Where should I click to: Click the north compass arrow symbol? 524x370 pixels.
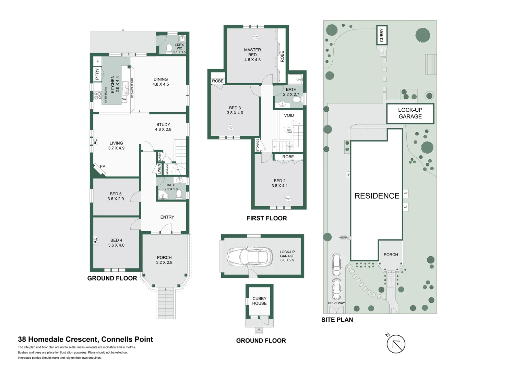coord(396,344)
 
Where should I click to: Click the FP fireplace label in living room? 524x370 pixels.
coord(103,166)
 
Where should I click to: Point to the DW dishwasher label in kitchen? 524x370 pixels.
coord(124,99)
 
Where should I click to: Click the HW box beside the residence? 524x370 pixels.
coord(406,194)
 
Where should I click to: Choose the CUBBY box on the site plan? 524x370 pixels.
coord(382,35)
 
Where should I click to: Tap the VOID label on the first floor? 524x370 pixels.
coord(289,115)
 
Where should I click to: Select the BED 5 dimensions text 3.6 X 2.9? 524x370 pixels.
coord(116,199)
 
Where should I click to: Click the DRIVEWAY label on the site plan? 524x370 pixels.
coord(336,303)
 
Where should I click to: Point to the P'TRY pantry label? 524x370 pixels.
coord(97,74)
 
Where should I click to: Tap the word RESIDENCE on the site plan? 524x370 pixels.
coord(377,196)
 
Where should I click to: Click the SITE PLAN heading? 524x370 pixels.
coord(337,320)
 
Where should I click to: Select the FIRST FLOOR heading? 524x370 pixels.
coord(266,218)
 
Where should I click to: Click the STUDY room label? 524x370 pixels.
coord(163,125)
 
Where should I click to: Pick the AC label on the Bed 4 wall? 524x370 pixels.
coord(95,240)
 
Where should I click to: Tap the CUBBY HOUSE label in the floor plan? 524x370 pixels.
coord(259,301)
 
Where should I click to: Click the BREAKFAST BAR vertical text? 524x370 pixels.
coord(132,88)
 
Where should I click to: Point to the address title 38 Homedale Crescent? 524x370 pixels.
coord(85,340)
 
